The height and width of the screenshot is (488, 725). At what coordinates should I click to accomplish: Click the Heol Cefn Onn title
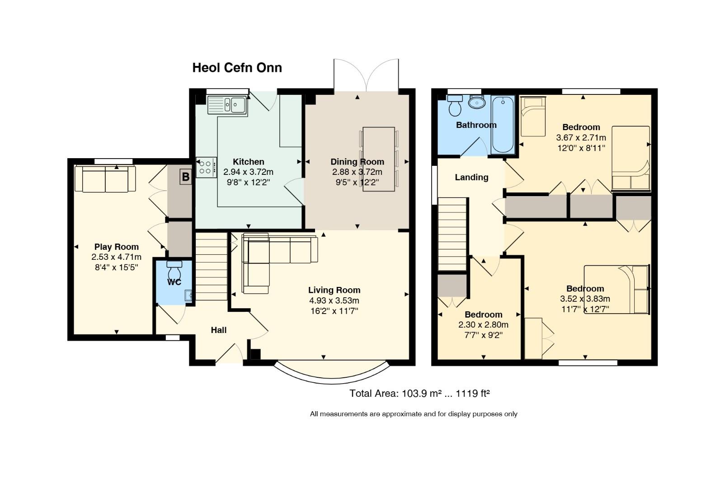pyautogui.click(x=237, y=68)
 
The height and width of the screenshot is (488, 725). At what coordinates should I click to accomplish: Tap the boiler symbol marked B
pyautogui.click(x=185, y=177)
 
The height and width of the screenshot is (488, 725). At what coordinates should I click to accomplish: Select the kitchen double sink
pyautogui.click(x=227, y=104)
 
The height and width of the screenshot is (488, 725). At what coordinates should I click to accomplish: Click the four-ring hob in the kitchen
pyautogui.click(x=206, y=167)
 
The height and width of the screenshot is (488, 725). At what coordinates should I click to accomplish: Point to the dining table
pyautogui.click(x=379, y=159)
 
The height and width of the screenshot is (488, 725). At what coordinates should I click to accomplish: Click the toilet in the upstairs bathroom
pyautogui.click(x=455, y=105)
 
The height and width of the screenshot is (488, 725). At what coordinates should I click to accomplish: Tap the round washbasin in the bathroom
pyautogui.click(x=477, y=102)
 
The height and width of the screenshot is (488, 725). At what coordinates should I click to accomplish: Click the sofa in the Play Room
pyautogui.click(x=105, y=179)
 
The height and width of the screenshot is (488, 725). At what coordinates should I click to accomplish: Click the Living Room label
pyautogui.click(x=334, y=290)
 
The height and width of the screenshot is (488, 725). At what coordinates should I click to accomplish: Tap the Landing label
pyautogui.click(x=471, y=177)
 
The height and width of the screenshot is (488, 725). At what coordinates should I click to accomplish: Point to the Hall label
pyautogui.click(x=218, y=330)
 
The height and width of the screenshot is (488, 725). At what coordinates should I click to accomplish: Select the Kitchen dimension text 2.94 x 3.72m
pyautogui.click(x=248, y=172)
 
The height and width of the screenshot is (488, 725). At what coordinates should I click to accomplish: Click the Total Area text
pyautogui.click(x=419, y=394)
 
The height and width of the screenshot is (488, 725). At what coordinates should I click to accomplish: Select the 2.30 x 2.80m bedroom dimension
pyautogui.click(x=483, y=324)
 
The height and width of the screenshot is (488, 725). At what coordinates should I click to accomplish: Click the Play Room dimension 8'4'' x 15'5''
pyautogui.click(x=117, y=267)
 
